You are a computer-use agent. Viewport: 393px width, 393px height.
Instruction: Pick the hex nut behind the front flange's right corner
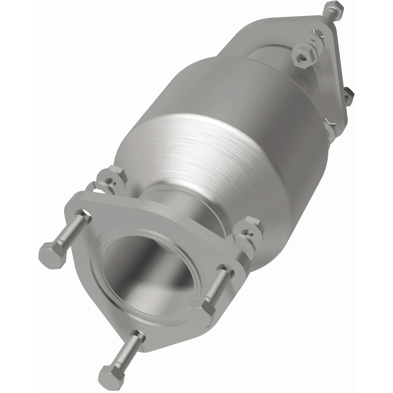[x=250, y=227]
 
